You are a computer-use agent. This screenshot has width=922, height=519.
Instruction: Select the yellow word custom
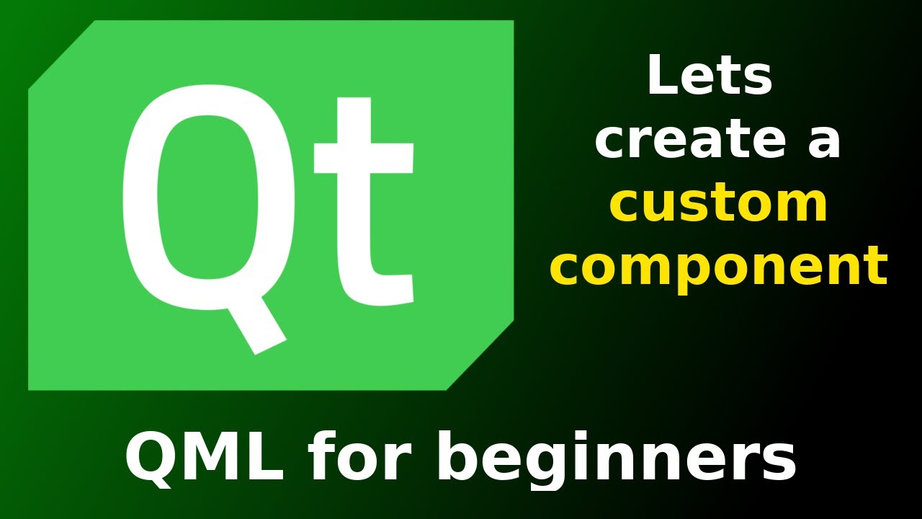(718, 204)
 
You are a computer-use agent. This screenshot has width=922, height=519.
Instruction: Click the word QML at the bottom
(205, 459)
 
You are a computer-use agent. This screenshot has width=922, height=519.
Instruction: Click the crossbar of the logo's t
(364, 158)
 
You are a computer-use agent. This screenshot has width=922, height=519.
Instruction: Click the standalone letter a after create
(823, 141)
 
